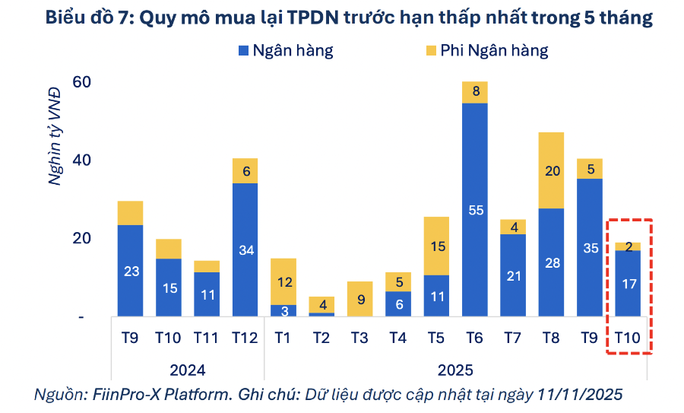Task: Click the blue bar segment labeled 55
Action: tap(474, 209)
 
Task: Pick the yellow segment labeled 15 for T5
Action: tap(435, 246)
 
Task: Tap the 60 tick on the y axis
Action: tap(81, 81)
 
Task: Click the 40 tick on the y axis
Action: tap(81, 160)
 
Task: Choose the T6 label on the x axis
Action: tap(474, 338)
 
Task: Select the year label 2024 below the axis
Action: tap(188, 370)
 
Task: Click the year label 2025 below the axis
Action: tap(455, 370)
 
